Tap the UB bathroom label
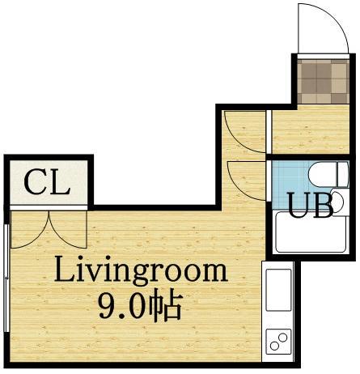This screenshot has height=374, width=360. tap(310, 205)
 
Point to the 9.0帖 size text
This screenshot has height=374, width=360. tap(139, 306)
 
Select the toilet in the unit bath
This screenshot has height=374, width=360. tap(328, 175)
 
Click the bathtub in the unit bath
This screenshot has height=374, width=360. tap(311, 232)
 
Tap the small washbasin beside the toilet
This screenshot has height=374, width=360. tap(338, 201)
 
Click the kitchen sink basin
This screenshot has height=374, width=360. tap(278, 290)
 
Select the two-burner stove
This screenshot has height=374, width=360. tap(278, 342)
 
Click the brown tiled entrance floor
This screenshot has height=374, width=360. tap(324, 81)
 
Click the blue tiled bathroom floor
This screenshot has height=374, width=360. tap(290, 185)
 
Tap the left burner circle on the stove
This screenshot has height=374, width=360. tap(274, 346)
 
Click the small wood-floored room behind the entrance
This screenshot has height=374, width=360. tap(311, 130)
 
